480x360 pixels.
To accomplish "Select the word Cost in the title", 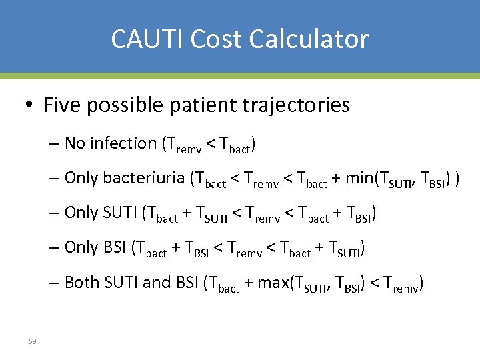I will [x=207, y=39].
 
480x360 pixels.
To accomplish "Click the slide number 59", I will [x=32, y=341].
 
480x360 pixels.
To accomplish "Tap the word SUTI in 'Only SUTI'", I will [x=119, y=213].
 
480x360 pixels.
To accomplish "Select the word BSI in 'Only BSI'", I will [x=115, y=247].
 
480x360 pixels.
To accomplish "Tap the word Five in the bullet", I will [x=61, y=105].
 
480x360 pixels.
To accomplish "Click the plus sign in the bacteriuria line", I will [x=337, y=179].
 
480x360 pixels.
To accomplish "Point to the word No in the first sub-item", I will [x=75, y=143].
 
